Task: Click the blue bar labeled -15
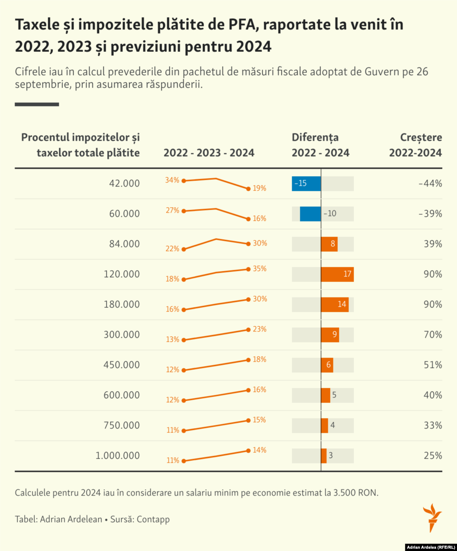[x=306, y=184]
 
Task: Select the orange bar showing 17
[x=337, y=274]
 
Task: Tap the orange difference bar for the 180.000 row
[x=334, y=305]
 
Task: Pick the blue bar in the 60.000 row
[x=310, y=214]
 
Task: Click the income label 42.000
[x=124, y=184]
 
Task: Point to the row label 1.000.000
[x=117, y=456]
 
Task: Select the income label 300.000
[x=121, y=335]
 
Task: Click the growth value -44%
[x=430, y=184]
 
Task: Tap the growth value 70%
[x=433, y=335]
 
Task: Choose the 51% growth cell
[x=433, y=365]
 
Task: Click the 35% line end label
[x=259, y=269]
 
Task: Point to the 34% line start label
[x=172, y=180]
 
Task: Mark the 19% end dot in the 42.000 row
[x=248, y=189]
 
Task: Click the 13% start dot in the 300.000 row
[x=183, y=340]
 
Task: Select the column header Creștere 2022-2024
[x=415, y=145]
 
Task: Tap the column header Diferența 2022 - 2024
[x=320, y=145]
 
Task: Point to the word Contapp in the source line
[x=153, y=519]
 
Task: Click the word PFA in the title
[x=244, y=25]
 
